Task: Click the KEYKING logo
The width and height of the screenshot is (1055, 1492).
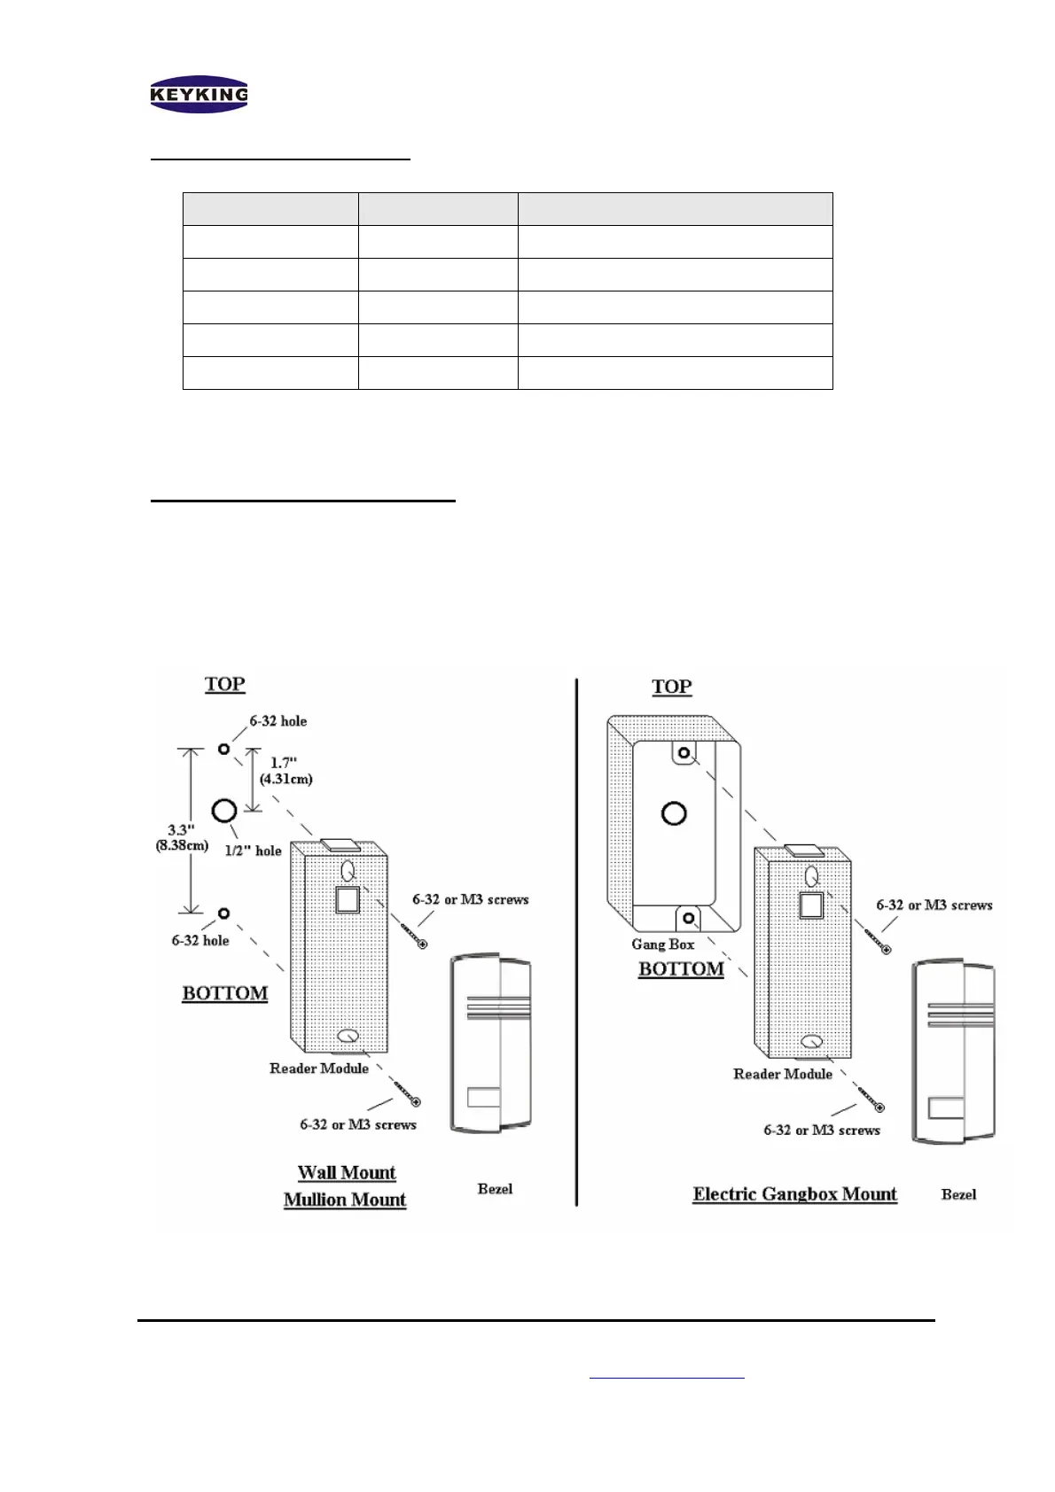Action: (x=199, y=94)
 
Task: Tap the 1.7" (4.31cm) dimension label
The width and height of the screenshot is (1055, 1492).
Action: (x=285, y=771)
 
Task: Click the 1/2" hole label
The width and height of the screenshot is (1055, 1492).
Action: (x=255, y=851)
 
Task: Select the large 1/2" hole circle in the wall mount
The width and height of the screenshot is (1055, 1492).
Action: (x=223, y=809)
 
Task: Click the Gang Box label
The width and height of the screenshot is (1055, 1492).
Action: (x=662, y=944)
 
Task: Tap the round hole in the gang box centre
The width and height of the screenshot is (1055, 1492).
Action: (x=674, y=812)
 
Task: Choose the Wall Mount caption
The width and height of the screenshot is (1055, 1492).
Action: (x=347, y=1173)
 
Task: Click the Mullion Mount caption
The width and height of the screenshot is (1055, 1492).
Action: (x=345, y=1201)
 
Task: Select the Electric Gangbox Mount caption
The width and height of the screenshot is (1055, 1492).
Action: (x=794, y=1194)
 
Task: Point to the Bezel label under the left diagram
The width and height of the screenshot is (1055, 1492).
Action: (x=495, y=1189)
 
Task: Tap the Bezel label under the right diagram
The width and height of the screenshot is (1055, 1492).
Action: (x=958, y=1194)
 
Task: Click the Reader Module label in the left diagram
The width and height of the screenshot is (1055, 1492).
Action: (x=319, y=1068)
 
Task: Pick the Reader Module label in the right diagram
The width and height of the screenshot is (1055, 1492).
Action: (x=783, y=1074)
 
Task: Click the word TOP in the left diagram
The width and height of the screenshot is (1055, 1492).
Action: (x=225, y=685)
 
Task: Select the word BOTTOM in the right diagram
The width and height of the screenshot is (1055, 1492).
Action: (x=681, y=969)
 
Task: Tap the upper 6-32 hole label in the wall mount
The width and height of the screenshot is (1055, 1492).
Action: (x=278, y=721)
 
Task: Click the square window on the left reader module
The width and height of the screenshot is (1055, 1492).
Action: (x=348, y=899)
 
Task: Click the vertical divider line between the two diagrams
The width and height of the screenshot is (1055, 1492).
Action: (x=577, y=939)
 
